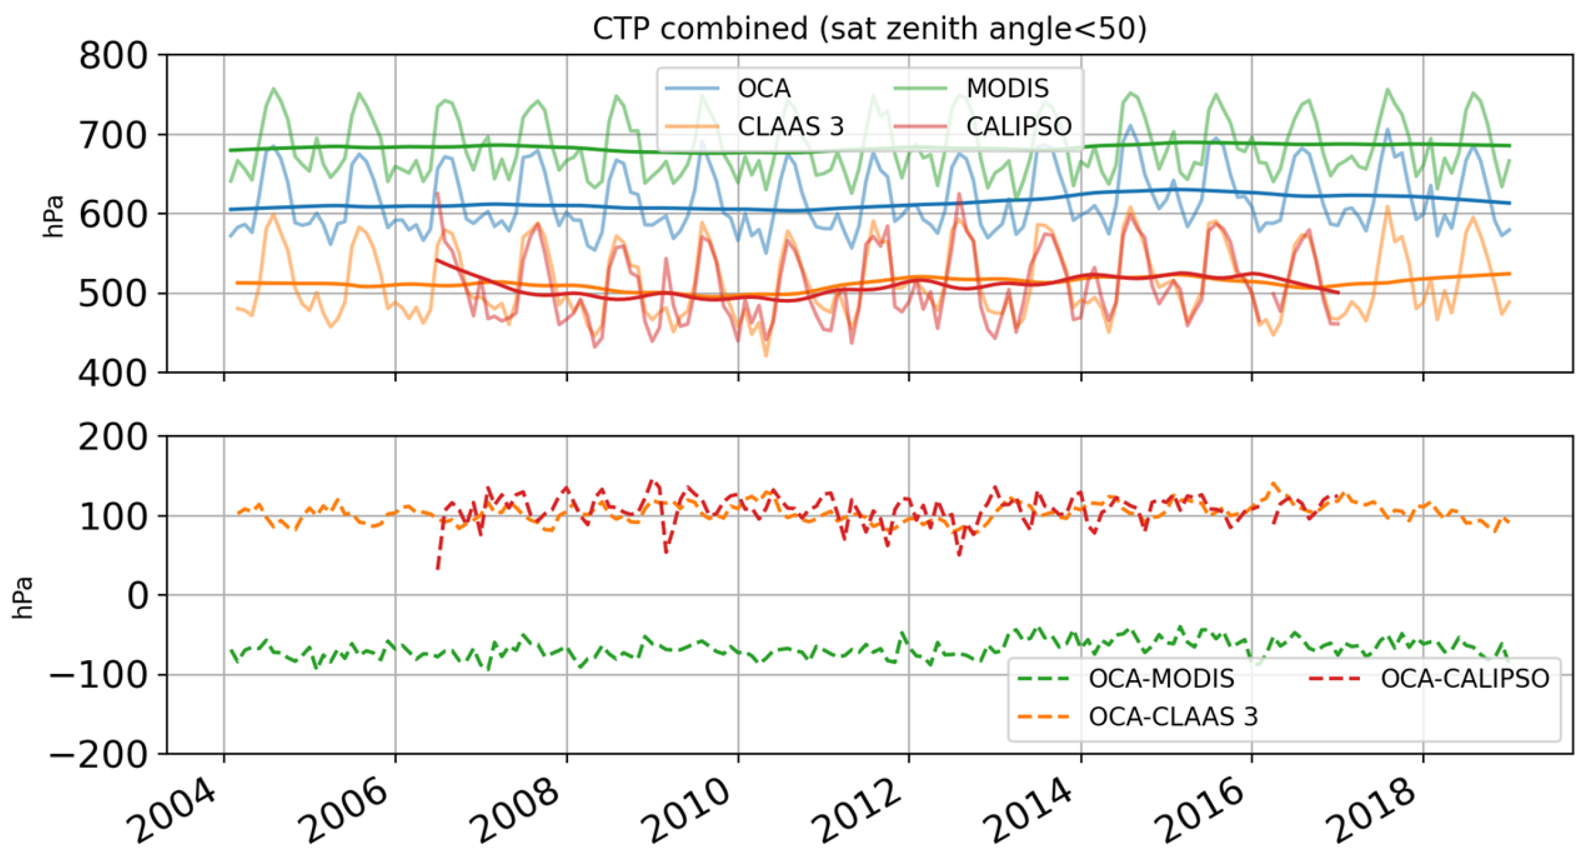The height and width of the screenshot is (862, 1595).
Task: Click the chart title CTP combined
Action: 869,29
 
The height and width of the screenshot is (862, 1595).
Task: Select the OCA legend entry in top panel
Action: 763,88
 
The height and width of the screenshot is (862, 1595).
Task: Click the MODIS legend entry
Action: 1007,88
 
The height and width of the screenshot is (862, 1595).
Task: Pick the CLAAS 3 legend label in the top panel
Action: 790,126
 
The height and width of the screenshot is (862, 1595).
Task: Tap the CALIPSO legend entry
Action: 1018,126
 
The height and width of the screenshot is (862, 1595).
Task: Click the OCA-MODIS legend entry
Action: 1161,679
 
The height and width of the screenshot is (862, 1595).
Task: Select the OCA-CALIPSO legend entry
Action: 1465,679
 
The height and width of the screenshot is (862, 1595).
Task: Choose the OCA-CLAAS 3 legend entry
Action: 1173,717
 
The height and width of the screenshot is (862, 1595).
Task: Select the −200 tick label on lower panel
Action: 100,755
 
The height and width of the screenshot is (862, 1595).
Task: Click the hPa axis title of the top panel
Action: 53,216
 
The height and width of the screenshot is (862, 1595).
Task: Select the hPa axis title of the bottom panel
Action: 23,598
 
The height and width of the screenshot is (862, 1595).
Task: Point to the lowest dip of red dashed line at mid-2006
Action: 437,568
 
